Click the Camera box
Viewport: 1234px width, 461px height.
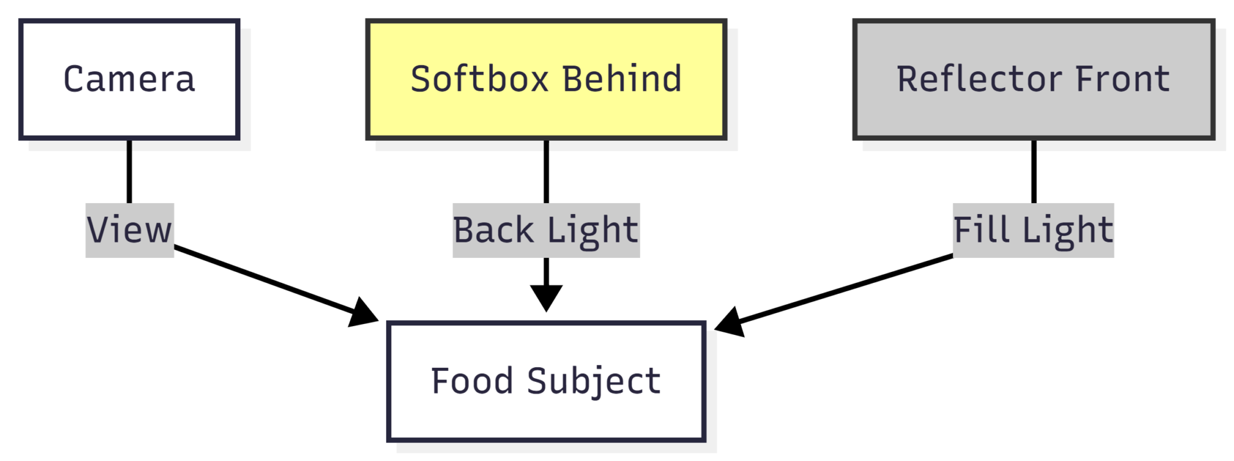pyautogui.click(x=129, y=79)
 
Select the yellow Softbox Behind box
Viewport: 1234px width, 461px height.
pyautogui.click(x=546, y=79)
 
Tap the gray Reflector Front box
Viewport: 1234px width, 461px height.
pyautogui.click(x=1033, y=79)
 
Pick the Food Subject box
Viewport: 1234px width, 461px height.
pyautogui.click(x=546, y=381)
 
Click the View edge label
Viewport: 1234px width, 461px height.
pyautogui.click(x=129, y=230)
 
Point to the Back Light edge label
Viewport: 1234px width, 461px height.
pyautogui.click(x=546, y=230)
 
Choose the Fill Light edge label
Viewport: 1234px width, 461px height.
pyautogui.click(x=1033, y=230)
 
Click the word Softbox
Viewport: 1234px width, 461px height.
pyautogui.click(x=479, y=79)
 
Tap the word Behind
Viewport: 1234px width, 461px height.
pyautogui.click(x=621, y=79)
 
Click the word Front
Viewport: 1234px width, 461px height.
pyautogui.click(x=1122, y=79)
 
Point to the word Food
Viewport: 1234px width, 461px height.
pyautogui.click(x=472, y=381)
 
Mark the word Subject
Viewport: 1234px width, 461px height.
pyautogui.click(x=594, y=381)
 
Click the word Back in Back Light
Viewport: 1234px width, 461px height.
pyautogui.click(x=493, y=230)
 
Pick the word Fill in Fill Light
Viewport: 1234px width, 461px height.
pyautogui.click(x=982, y=230)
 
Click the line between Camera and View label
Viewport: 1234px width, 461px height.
pyautogui.click(x=129, y=171)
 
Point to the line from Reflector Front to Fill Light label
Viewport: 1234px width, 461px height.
pyautogui.click(x=1033, y=171)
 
